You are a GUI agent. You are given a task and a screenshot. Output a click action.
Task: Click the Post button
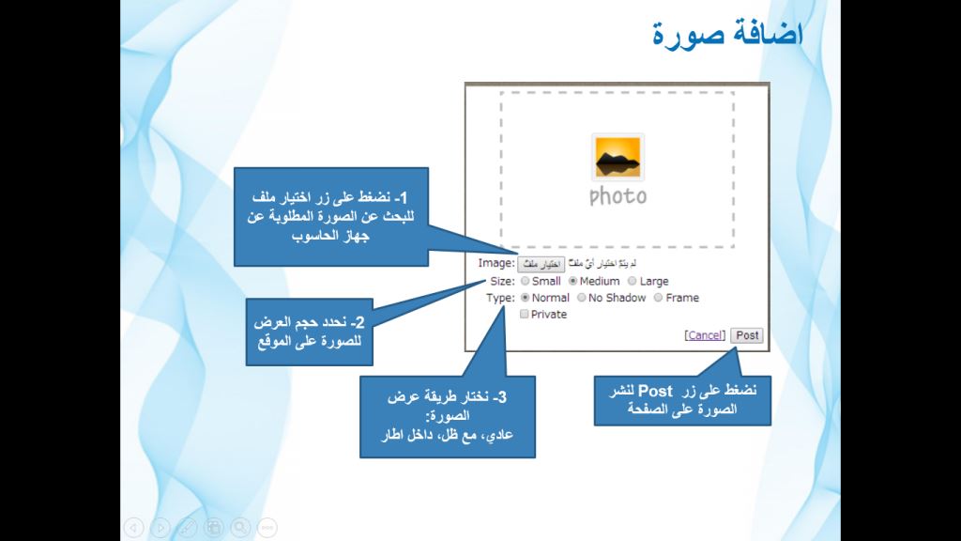coord(748,335)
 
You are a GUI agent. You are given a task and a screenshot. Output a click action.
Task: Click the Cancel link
coord(706,335)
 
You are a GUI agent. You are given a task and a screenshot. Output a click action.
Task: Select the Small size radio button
coord(525,281)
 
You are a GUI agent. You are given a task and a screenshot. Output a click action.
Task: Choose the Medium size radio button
coord(573,281)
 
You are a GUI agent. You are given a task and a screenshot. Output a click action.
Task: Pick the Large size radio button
coord(633,281)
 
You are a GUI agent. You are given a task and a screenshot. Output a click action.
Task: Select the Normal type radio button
coord(525,298)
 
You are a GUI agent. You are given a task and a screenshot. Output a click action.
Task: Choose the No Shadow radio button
coord(582,298)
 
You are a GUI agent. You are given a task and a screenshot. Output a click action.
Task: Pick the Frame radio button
coord(659,298)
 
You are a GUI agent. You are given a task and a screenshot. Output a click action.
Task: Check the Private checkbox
coord(525,315)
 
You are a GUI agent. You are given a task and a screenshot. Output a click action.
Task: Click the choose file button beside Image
coord(542,264)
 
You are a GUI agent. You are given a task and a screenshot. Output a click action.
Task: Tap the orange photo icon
coord(618,158)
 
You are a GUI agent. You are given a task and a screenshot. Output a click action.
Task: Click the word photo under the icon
coord(618,196)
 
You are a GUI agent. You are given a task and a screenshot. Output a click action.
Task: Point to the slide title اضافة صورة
coord(727,35)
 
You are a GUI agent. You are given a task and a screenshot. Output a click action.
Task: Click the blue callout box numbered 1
coord(331,216)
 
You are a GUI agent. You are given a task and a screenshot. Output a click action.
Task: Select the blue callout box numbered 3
coord(447,417)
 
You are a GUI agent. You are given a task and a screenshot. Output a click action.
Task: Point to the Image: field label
coord(496,264)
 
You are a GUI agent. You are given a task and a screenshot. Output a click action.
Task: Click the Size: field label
coord(502,281)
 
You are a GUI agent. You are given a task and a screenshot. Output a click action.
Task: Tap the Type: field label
coord(500,298)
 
